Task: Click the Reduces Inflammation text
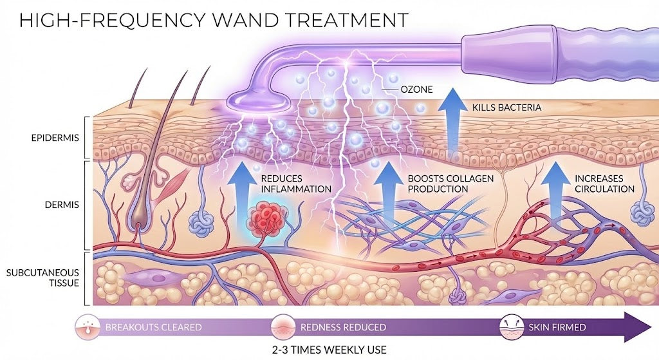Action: pyautogui.click(x=295, y=184)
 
